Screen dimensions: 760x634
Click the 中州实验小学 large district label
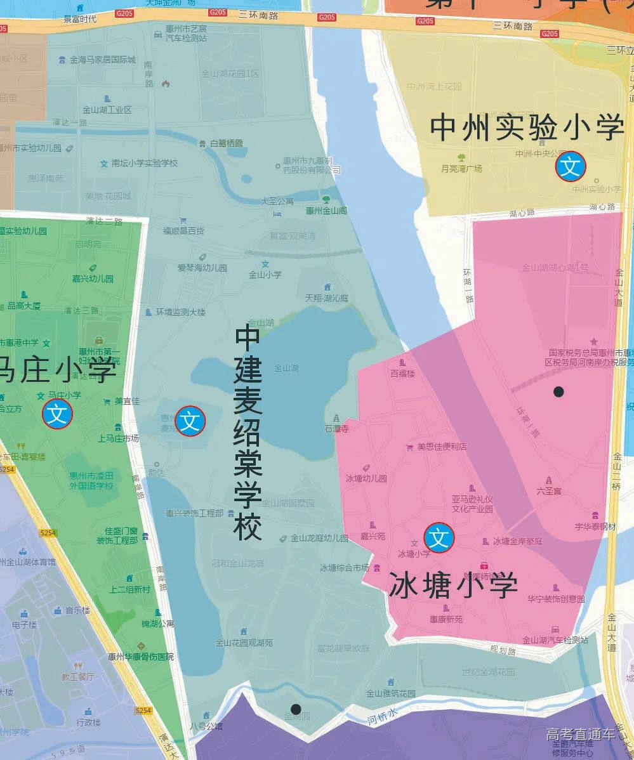(527, 128)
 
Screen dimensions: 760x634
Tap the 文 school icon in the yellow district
(571, 166)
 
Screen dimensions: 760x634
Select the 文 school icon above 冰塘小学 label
(439, 538)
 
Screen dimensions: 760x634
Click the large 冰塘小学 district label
(453, 585)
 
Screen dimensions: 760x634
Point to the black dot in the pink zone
(558, 391)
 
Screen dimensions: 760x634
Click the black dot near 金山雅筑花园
(296, 709)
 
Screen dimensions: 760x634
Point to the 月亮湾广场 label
(461, 169)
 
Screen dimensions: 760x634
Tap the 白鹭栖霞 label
(227, 143)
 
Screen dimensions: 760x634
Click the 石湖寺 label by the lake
(338, 429)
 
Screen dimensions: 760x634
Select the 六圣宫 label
(549, 490)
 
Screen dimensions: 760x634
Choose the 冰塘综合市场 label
(345, 567)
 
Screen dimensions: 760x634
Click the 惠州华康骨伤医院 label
(140, 657)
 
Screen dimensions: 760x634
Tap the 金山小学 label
(265, 275)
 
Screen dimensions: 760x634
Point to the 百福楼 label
(402, 374)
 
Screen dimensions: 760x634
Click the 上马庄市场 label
(118, 438)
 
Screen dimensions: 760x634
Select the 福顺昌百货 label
(183, 231)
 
